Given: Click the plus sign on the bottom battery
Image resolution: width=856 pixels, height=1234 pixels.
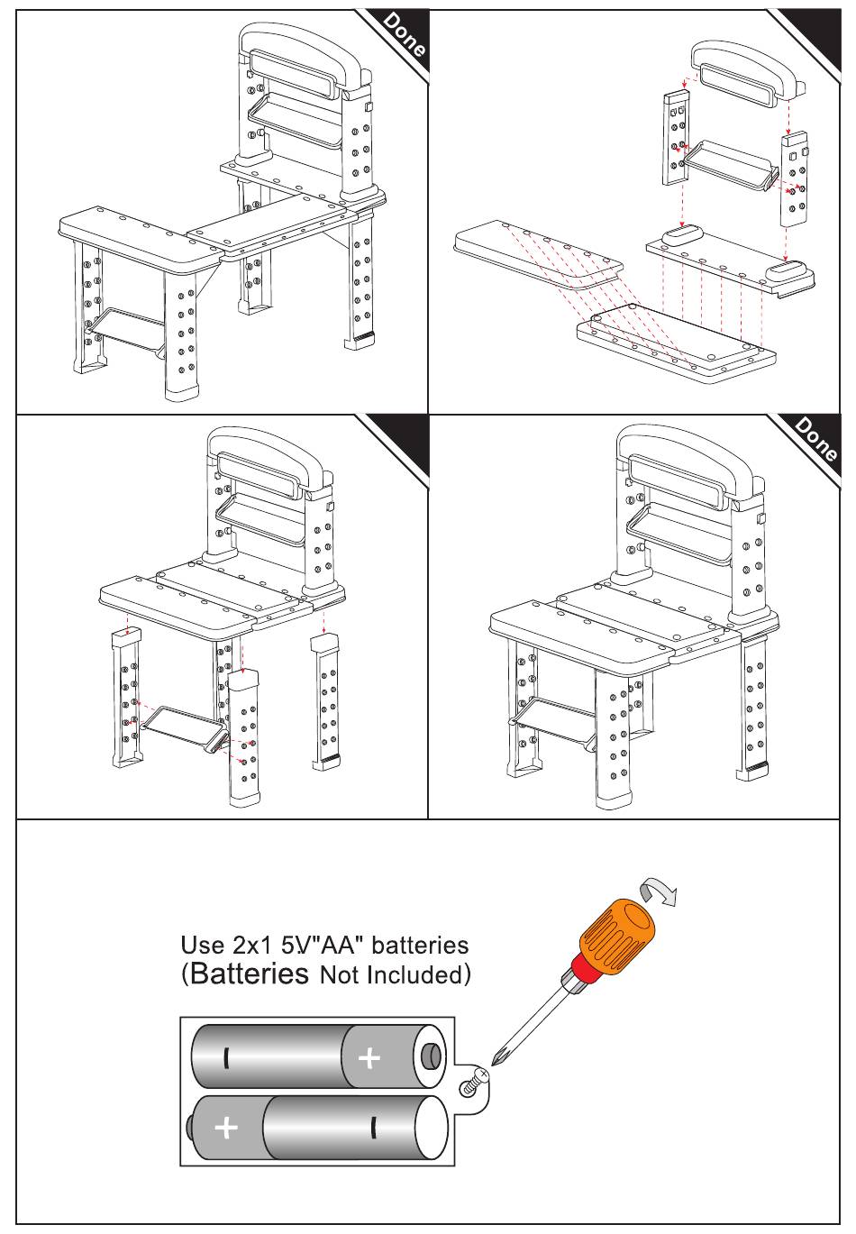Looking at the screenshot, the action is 226,1128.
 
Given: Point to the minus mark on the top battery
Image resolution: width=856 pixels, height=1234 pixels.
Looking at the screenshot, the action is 226,1057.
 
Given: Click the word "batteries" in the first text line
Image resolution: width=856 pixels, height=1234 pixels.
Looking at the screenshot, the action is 420,945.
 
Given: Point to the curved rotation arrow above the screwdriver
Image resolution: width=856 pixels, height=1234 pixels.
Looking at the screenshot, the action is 658,891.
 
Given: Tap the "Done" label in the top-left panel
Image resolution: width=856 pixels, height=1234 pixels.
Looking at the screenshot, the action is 405,35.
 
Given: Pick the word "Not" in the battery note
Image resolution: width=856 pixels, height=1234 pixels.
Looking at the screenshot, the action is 340,975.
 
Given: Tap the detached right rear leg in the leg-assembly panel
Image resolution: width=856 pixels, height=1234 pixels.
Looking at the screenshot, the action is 324,700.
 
